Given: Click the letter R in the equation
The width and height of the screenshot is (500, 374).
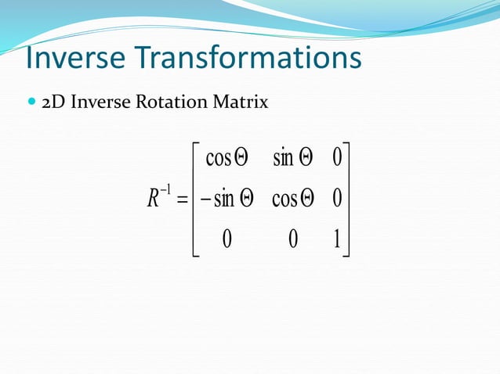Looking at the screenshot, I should [153, 199].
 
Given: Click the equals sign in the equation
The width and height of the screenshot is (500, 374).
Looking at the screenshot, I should [183, 200].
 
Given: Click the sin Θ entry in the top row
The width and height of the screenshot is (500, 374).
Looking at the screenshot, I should [294, 158].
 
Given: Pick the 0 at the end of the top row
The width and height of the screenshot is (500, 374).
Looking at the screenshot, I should [337, 158].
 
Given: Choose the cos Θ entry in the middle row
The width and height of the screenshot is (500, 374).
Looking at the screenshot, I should [294, 199].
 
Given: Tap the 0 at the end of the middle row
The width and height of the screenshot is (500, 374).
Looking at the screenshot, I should [337, 199].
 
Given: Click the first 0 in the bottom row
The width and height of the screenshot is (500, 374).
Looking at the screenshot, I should [226, 239].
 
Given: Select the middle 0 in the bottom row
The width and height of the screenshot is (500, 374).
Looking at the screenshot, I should [293, 239].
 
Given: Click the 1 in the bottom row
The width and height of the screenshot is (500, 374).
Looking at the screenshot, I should [337, 239].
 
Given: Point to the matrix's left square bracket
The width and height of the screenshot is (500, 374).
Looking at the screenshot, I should [196, 199].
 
